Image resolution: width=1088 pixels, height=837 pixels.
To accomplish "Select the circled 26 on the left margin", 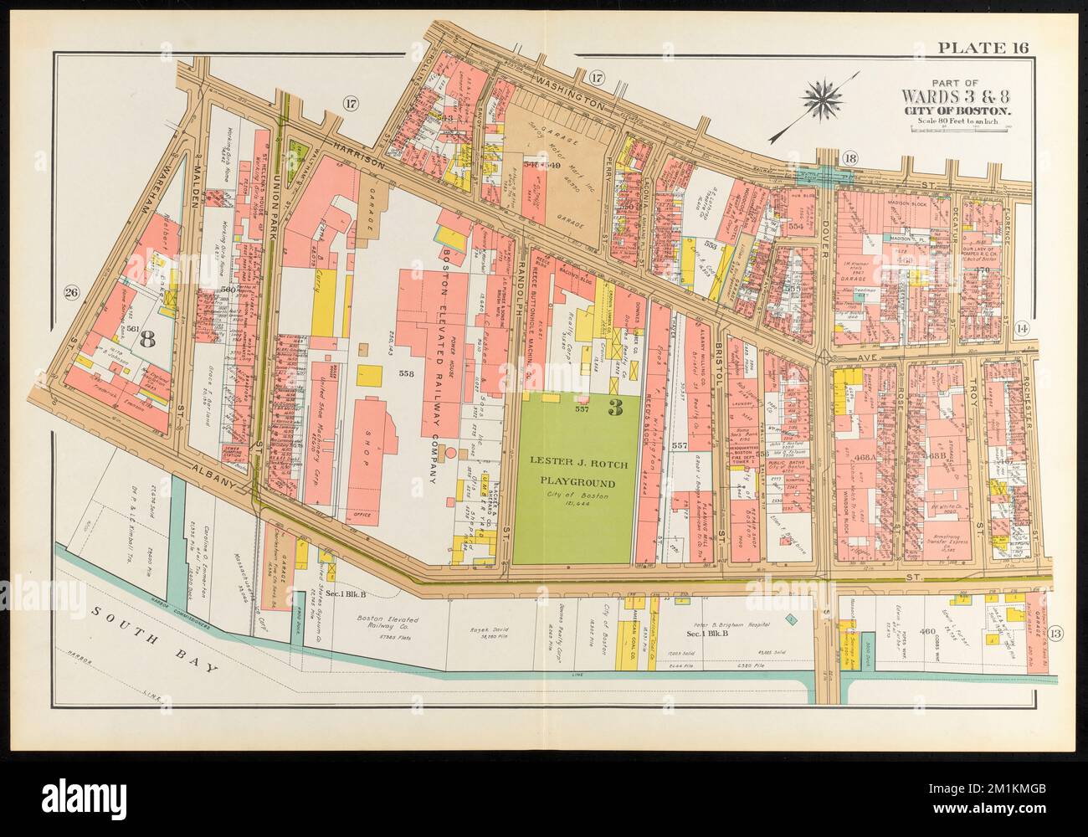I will pyautogui.click(x=70, y=292).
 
